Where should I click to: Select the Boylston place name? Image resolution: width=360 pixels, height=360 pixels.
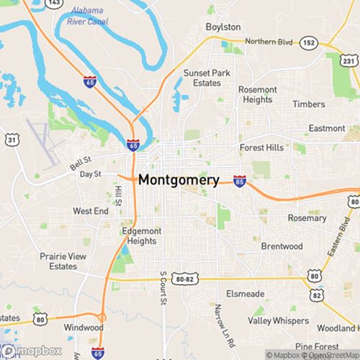[223, 27]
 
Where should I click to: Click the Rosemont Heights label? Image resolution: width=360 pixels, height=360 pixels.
[257, 94]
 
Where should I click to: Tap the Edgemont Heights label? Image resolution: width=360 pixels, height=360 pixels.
[138, 236]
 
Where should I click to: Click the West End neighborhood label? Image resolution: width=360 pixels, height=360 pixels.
[90, 212]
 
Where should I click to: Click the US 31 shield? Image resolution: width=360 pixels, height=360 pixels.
[12, 138]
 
